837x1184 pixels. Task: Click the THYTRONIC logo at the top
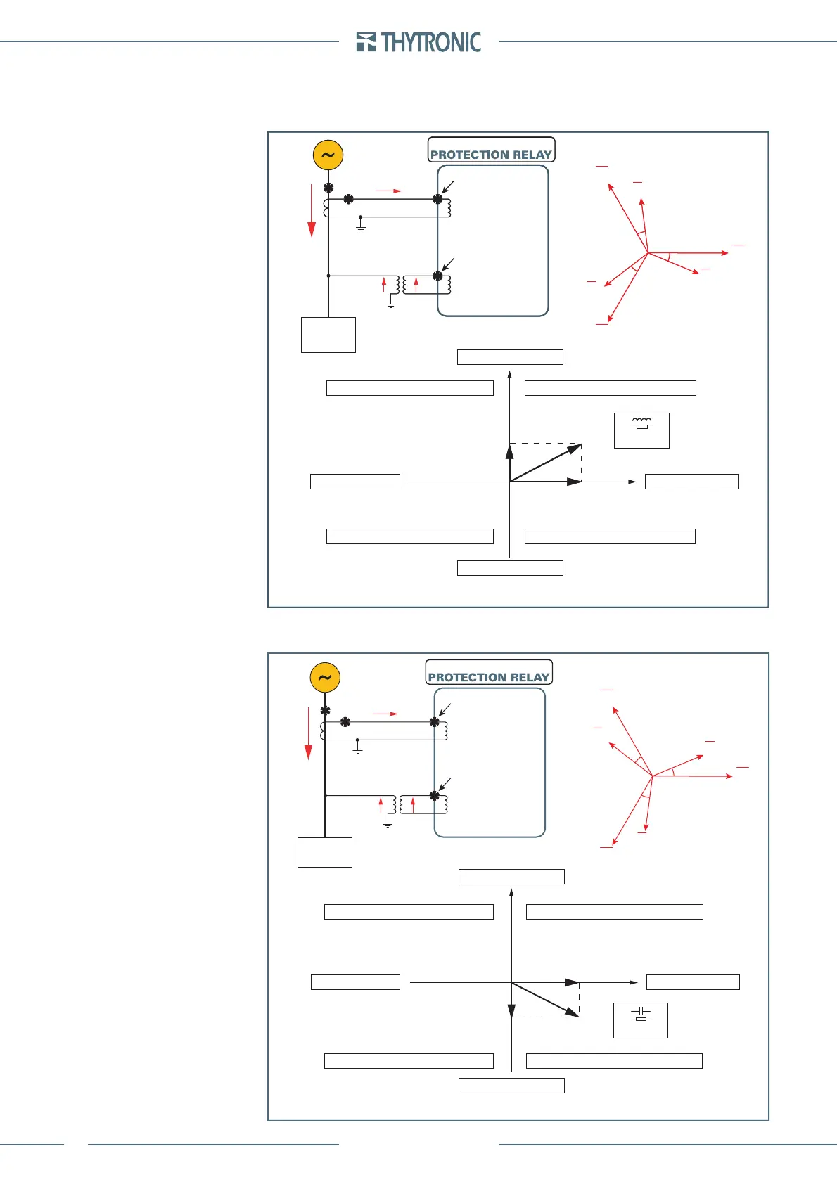click(x=419, y=42)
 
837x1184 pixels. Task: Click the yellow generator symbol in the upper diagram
click(x=328, y=155)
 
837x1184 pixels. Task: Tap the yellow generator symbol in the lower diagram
click(x=325, y=678)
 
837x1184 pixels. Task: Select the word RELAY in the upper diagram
click(x=532, y=155)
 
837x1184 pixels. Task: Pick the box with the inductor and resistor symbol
click(x=641, y=430)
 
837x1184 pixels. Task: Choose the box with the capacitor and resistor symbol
click(x=640, y=1020)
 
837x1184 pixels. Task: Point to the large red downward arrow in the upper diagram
click(x=311, y=211)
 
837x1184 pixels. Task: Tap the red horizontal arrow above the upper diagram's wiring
click(x=388, y=191)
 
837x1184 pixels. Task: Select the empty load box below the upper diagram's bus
click(x=328, y=335)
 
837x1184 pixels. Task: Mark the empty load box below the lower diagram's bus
click(x=324, y=852)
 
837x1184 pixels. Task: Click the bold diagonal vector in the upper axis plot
click(x=546, y=463)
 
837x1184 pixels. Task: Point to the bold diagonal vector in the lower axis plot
click(x=545, y=999)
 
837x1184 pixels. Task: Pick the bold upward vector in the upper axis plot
click(x=509, y=463)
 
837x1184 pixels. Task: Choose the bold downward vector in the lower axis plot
click(x=511, y=1000)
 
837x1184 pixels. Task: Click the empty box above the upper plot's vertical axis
click(x=510, y=357)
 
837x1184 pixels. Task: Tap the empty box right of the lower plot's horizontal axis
click(x=693, y=982)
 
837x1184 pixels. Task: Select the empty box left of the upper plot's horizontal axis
click(x=355, y=482)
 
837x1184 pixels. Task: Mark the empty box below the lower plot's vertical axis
click(x=511, y=1086)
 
